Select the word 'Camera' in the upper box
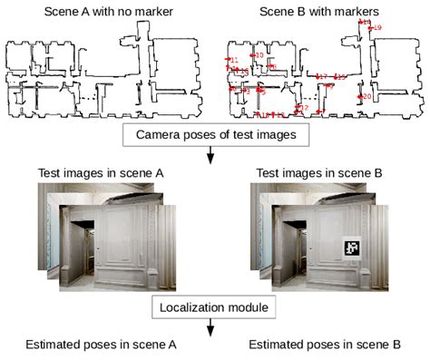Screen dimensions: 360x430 156,136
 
